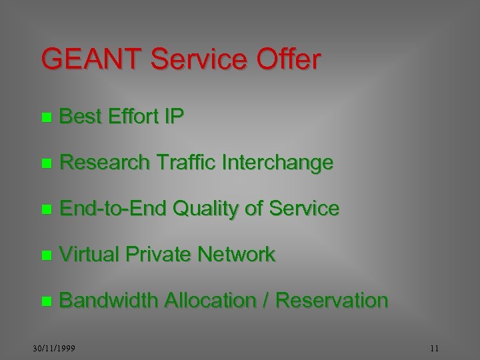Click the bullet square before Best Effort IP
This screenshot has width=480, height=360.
coord(45,118)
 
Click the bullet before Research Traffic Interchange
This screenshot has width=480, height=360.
coord(45,163)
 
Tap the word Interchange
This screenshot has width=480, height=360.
coord(280,163)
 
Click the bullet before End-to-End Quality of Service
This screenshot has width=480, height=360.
coord(45,209)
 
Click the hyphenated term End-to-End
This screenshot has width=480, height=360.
coord(113,209)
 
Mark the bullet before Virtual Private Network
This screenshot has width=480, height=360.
coord(45,255)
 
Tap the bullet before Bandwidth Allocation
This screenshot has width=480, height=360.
coord(45,301)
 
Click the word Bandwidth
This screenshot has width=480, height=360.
coord(108,301)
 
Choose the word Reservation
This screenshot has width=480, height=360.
coord(331,301)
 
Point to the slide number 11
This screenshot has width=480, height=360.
coord(434,348)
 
